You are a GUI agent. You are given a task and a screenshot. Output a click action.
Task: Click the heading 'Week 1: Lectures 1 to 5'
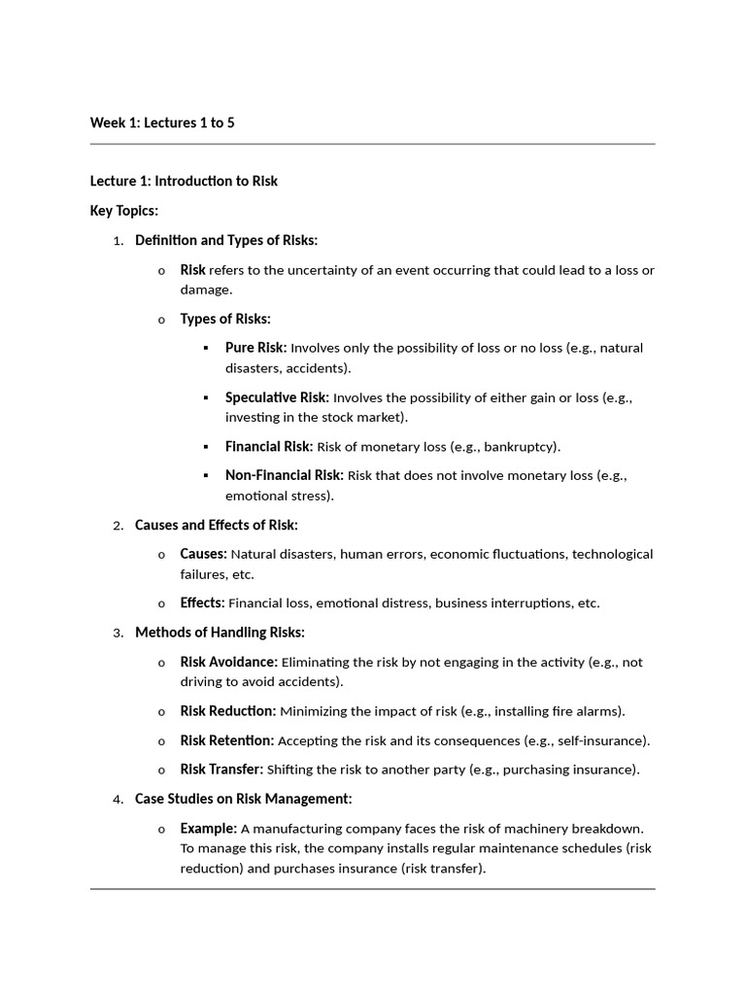click(x=162, y=122)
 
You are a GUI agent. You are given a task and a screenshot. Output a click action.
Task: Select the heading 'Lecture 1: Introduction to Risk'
click(x=184, y=181)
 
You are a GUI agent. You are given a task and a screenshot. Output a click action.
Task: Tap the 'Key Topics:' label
click(x=124, y=210)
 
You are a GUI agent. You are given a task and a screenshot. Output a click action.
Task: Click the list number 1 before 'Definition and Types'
click(x=118, y=241)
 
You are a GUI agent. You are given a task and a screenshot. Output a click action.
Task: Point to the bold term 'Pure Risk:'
click(x=255, y=348)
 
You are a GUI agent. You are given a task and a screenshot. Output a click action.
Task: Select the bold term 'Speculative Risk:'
click(x=277, y=397)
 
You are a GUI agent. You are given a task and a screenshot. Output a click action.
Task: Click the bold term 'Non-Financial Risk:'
click(x=284, y=475)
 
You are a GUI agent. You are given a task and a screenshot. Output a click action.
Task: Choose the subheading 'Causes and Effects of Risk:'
click(x=217, y=526)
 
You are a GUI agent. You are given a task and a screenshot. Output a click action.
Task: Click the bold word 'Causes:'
click(x=203, y=554)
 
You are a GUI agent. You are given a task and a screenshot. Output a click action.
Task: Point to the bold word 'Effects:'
click(x=202, y=602)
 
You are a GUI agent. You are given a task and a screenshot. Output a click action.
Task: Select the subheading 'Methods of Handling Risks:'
click(x=220, y=633)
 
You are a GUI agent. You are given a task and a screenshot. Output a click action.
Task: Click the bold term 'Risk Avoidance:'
click(x=228, y=662)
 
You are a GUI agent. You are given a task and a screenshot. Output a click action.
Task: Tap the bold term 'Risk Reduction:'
click(x=227, y=711)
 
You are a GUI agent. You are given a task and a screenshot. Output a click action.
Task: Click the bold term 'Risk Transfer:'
click(x=221, y=770)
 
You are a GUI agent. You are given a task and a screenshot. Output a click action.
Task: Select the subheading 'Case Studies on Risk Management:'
click(x=243, y=799)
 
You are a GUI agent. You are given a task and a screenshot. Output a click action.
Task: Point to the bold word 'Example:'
click(x=208, y=829)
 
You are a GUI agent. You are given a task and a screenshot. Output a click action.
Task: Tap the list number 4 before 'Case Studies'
click(x=118, y=800)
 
